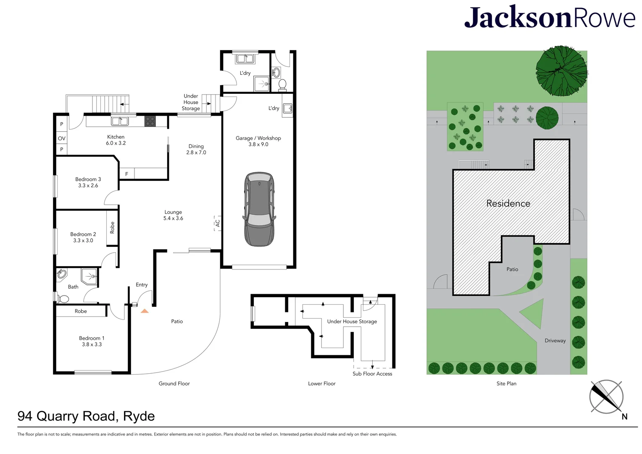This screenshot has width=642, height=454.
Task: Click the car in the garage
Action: tap(259, 209)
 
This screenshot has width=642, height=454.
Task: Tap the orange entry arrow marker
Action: tap(145, 311)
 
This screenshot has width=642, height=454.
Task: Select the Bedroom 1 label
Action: tap(92, 338)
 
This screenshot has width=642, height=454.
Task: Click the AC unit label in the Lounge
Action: tap(218, 223)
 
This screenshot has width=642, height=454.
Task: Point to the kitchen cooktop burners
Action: tap(150, 121)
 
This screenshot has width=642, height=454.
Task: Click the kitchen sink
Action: tap(120, 121)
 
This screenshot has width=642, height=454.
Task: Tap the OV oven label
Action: tap(62, 138)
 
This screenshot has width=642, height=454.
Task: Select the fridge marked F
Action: tap(126, 174)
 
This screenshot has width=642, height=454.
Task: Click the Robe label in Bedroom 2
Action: tap(112, 228)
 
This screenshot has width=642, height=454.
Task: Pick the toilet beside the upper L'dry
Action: tap(282, 85)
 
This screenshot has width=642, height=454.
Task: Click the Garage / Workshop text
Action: tap(258, 138)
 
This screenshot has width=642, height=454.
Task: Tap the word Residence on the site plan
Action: tap(508, 203)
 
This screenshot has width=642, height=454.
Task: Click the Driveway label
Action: tap(555, 340)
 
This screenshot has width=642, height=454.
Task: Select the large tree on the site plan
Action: tap(561, 71)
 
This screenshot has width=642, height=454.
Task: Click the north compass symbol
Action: tap(606, 397)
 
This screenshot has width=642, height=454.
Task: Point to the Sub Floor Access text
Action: tap(372, 374)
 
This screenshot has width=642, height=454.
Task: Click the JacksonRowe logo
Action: tap(550, 18)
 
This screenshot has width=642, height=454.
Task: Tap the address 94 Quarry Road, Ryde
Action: tap(86, 416)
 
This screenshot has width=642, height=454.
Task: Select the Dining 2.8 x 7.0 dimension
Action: tap(196, 153)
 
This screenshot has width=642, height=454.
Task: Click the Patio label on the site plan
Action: tap(512, 269)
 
